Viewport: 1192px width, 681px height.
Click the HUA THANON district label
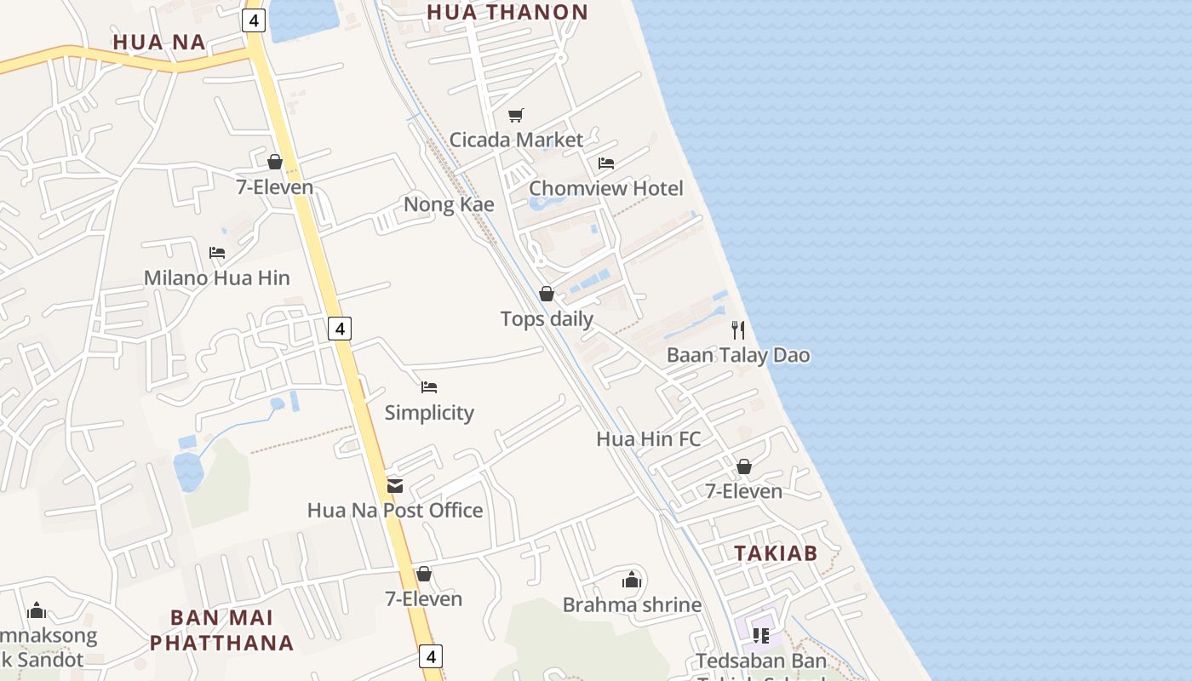(507, 12)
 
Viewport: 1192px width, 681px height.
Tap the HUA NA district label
(159, 42)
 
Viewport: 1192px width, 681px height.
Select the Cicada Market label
(516, 140)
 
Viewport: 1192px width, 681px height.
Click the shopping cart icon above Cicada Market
(515, 115)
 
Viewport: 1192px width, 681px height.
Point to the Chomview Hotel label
(606, 188)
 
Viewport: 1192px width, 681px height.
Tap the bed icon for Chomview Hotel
(606, 163)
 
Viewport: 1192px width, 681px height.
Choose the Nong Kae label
(449, 204)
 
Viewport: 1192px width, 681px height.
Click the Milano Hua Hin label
(216, 278)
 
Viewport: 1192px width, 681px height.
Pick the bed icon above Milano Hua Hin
(216, 253)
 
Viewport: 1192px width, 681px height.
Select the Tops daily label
(547, 319)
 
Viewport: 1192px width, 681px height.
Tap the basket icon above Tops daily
(547, 294)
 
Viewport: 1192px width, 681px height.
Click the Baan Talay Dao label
(738, 355)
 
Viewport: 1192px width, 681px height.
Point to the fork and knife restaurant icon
(738, 330)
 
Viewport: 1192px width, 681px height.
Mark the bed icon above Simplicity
(429, 387)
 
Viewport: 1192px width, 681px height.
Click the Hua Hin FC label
(649, 439)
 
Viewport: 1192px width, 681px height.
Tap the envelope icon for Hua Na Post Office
(395, 485)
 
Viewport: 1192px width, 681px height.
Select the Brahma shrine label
(632, 605)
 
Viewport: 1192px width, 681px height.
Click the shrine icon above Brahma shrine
(632, 580)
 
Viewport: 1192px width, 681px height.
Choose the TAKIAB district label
(776, 553)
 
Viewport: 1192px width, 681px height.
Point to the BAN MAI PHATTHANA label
(221, 630)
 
